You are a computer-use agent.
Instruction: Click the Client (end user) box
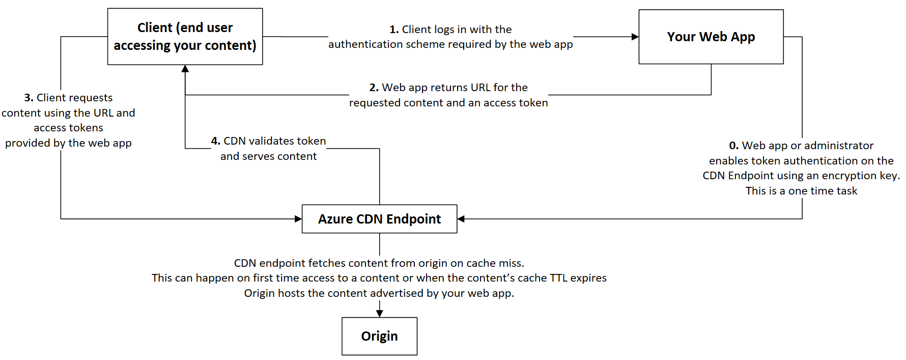pyautogui.click(x=185, y=37)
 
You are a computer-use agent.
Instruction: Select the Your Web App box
pyautogui.click(x=711, y=37)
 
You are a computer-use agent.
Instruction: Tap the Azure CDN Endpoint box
pyautogui.click(x=379, y=219)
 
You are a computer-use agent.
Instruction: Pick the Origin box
pyautogui.click(x=379, y=336)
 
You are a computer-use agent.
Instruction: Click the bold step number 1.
pyautogui.click(x=394, y=30)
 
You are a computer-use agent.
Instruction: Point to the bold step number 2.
pyautogui.click(x=374, y=88)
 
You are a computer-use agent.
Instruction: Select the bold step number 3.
pyautogui.click(x=29, y=98)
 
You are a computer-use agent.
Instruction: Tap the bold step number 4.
pyautogui.click(x=216, y=141)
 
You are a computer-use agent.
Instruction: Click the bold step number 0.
pyautogui.click(x=733, y=146)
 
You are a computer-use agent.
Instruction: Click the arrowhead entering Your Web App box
pyautogui.click(x=635, y=37)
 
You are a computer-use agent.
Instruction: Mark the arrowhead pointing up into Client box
pyautogui.click(x=185, y=69)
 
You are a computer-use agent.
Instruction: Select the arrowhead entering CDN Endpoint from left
pyautogui.click(x=298, y=219)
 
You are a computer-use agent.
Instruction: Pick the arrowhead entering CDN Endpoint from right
pyautogui.click(x=461, y=219)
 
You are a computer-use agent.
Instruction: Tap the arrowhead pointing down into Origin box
pyautogui.click(x=379, y=313)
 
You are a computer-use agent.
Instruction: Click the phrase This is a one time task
pyautogui.click(x=801, y=191)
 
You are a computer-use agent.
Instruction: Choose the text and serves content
pyautogui.click(x=268, y=156)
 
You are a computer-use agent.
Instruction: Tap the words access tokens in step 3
pyautogui.click(x=68, y=128)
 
